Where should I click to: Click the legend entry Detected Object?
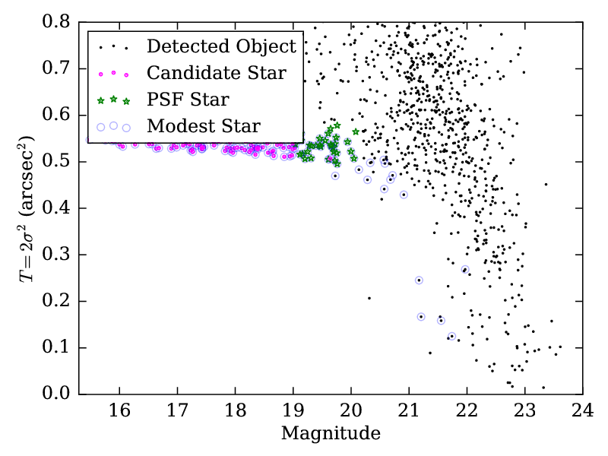[x=221, y=46]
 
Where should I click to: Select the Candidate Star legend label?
[x=216, y=73]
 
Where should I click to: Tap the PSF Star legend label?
[x=188, y=99]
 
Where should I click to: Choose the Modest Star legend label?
[x=203, y=125]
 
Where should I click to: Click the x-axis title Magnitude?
[x=331, y=435]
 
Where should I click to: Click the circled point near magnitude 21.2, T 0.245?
[x=419, y=280]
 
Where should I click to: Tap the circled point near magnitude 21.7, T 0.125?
[x=451, y=336]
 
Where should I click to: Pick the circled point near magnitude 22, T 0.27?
[x=465, y=269]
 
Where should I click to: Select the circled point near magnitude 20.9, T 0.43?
[x=404, y=195]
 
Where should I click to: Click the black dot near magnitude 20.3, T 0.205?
[x=369, y=298]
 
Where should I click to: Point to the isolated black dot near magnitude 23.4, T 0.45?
[x=546, y=184]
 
